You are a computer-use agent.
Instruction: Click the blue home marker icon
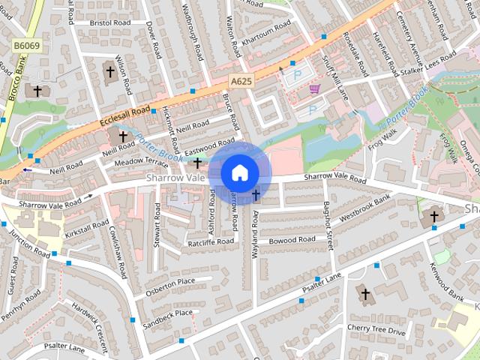pyautogui.click(x=239, y=172)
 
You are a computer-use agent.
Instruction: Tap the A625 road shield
pyautogui.click(x=241, y=81)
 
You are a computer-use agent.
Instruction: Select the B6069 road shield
pyautogui.click(x=27, y=46)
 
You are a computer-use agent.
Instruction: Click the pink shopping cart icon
pyautogui.click(x=314, y=88)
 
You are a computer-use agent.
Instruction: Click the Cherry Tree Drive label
pyautogui.click(x=376, y=330)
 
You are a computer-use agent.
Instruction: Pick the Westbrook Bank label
pyautogui.click(x=365, y=208)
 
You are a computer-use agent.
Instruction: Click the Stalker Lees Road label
pyautogui.click(x=427, y=64)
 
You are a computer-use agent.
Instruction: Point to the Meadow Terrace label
pyautogui.click(x=141, y=162)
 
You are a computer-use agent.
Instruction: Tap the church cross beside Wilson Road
pyautogui.click(x=110, y=73)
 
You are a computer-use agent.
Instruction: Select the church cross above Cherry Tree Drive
pyautogui.click(x=365, y=295)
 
